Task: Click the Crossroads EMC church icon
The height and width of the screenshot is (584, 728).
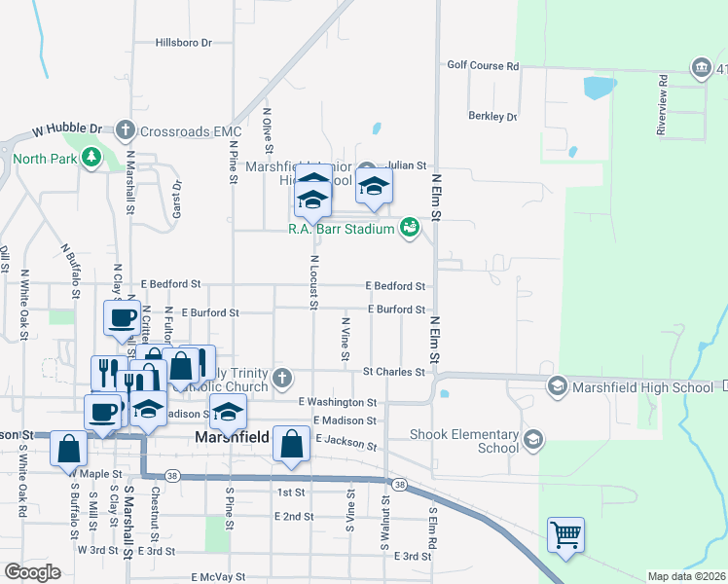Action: (x=126, y=129)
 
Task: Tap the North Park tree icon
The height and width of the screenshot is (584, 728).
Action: (x=91, y=158)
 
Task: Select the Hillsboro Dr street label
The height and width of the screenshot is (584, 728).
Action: (x=184, y=44)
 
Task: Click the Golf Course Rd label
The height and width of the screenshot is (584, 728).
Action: (x=483, y=65)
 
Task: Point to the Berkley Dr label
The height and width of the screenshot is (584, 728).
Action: (x=493, y=116)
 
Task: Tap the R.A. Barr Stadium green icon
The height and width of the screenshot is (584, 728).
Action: (x=410, y=228)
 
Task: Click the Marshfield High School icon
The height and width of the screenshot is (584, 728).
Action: (x=558, y=386)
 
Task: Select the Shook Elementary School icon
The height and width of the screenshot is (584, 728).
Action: (x=532, y=440)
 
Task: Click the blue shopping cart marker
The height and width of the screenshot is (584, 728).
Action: (x=565, y=534)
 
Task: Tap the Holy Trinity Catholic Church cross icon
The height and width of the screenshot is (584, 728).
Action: (x=282, y=378)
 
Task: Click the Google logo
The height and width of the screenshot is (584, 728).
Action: (x=32, y=572)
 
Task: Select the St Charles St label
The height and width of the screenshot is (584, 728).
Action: (x=393, y=372)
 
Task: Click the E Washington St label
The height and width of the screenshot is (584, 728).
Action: (x=337, y=401)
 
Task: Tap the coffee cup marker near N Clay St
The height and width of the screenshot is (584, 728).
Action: (x=122, y=317)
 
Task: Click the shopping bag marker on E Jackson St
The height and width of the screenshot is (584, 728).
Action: (x=291, y=444)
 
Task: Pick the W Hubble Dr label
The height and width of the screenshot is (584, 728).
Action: (x=67, y=128)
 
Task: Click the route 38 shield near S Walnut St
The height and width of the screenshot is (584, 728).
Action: (x=398, y=484)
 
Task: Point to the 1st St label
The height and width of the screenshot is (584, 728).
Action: (x=291, y=493)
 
